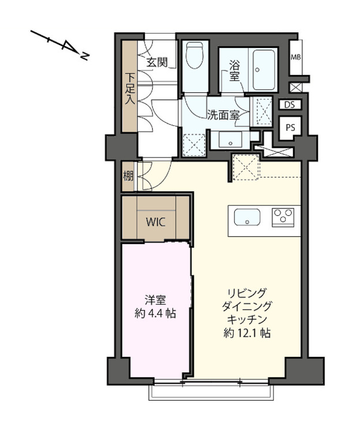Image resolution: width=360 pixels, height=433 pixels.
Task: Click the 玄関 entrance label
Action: tap(156, 63)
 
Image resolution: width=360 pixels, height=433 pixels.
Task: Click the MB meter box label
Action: tap(296, 57)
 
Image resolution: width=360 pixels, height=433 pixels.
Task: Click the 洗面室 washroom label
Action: tap(223, 114)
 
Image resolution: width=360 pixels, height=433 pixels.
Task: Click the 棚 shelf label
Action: tap(127, 177)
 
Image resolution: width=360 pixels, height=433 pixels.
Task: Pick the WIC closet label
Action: tap(156, 221)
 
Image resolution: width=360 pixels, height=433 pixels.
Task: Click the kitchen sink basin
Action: tap(246, 218)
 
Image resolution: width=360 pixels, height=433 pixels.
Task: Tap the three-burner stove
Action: tap(283, 217)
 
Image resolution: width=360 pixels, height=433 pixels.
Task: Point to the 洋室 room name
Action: tap(156, 300)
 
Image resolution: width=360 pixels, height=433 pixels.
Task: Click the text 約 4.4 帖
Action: tap(156, 315)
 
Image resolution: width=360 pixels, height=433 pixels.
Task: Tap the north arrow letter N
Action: tap(85, 57)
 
